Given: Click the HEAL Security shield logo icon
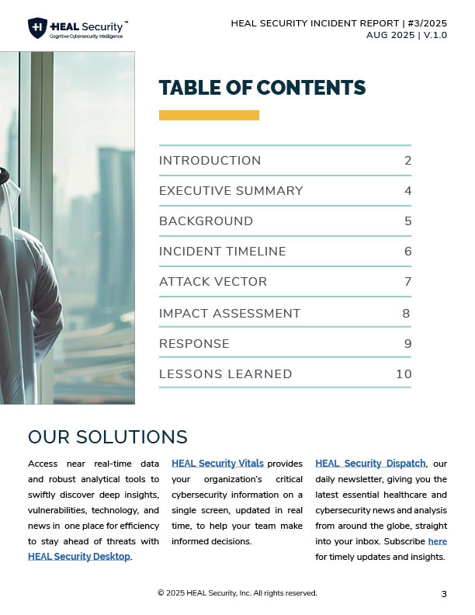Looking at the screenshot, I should point(37,29).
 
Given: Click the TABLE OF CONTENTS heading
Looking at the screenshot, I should point(262,87).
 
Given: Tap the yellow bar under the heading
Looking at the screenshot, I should point(209,115).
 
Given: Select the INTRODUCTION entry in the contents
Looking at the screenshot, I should point(210,161).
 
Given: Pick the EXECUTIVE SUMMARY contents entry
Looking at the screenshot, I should point(231,191).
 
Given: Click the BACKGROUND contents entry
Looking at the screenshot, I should point(206,221).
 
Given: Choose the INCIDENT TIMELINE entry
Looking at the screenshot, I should point(222,252).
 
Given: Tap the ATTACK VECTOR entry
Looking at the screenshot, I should point(213,282).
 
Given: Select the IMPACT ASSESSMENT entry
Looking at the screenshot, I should point(229,314).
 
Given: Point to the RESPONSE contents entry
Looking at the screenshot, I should point(194,343).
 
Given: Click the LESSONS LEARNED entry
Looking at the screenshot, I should point(225,374).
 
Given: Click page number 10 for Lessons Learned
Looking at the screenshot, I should point(403,374).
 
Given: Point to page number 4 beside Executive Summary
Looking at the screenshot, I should point(407,191).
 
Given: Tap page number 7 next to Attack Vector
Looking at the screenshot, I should point(407,282).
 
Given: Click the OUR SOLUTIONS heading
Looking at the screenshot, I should point(107,436).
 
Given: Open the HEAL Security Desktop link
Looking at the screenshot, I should point(78,556).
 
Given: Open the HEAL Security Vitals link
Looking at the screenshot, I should point(217,464).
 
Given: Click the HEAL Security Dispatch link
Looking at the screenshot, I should point(370,464).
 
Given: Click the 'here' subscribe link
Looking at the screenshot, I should point(437,541).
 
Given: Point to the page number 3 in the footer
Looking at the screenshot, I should point(444,594).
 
